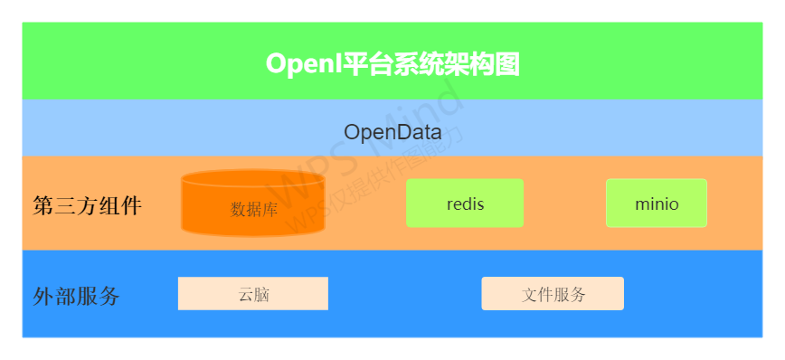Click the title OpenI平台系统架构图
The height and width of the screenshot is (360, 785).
(x=392, y=63)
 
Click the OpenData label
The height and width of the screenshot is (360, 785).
(x=392, y=132)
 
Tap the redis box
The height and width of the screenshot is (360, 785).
(x=465, y=204)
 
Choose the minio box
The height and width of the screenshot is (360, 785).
(x=657, y=204)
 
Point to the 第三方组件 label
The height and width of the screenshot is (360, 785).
(x=88, y=206)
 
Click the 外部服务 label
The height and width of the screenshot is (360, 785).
(x=76, y=296)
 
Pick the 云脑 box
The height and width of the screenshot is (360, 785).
(x=253, y=294)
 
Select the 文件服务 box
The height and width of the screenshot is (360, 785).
(x=553, y=294)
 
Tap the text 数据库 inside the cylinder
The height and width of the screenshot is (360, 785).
(x=254, y=210)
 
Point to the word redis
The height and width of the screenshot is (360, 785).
(x=465, y=204)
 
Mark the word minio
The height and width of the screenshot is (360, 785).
(x=657, y=204)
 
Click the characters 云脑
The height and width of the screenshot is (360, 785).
(x=254, y=294)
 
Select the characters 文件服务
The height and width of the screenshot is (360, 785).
(x=553, y=294)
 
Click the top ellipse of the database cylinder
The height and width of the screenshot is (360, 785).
(x=253, y=179)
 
